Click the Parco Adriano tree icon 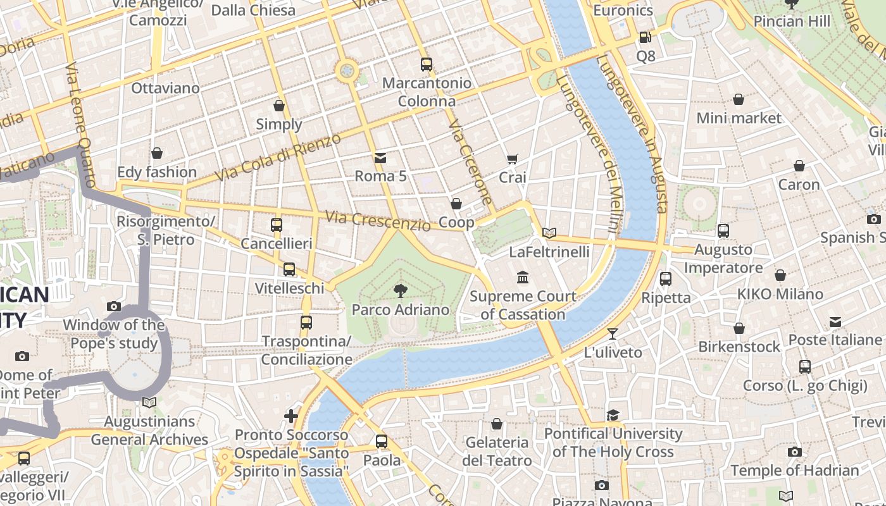(x=400, y=290)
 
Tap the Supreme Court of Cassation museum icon (x=523, y=277)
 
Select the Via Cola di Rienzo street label (x=278, y=157)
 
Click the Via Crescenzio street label (x=378, y=221)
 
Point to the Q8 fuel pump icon (x=644, y=38)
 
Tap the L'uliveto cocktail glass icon (x=613, y=333)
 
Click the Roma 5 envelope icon (x=380, y=157)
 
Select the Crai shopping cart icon (x=512, y=159)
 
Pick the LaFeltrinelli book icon (x=549, y=233)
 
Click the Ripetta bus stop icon (x=665, y=278)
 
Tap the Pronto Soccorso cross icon (x=291, y=416)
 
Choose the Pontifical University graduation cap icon (x=613, y=415)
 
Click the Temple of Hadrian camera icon (x=795, y=452)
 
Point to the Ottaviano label (x=165, y=88)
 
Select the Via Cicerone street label (x=470, y=163)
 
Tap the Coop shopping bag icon (x=456, y=204)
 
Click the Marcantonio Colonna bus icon (x=427, y=64)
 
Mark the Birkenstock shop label (x=739, y=347)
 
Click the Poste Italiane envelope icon (x=835, y=321)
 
